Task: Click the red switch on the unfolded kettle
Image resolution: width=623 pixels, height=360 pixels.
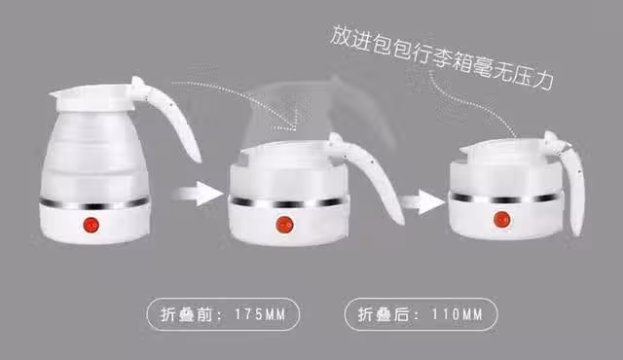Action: coord(92,225)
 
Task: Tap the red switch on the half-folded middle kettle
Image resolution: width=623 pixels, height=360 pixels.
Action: coord(284,225)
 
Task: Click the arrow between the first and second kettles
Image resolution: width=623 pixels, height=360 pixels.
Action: coord(199,194)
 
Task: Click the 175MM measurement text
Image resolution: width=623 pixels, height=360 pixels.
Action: coord(260,314)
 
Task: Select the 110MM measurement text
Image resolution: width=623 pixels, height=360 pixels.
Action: coord(457,314)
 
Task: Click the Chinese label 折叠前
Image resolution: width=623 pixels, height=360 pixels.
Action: coord(187,314)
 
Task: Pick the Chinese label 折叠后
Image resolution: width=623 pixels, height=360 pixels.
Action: coord(384,314)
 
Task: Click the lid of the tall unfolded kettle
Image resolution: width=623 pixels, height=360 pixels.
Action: coord(94,97)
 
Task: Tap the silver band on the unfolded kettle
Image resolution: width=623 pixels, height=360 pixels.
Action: coord(94,203)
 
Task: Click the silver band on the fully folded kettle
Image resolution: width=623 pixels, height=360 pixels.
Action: coord(506,198)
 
